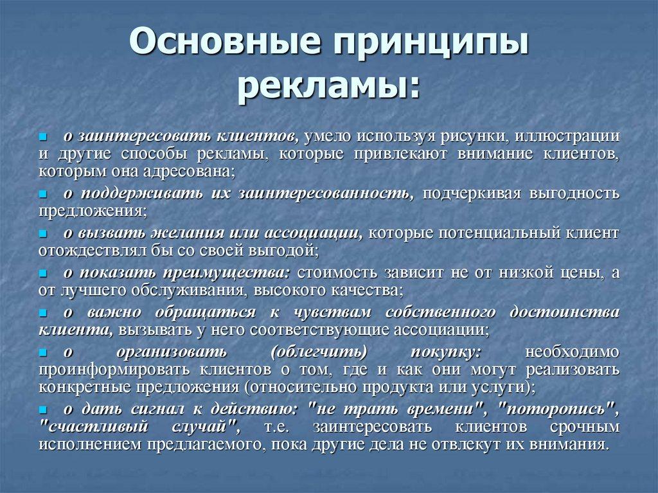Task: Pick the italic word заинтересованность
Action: (325, 193)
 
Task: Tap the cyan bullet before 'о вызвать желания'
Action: (43, 233)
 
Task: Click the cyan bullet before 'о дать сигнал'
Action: (43, 409)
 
